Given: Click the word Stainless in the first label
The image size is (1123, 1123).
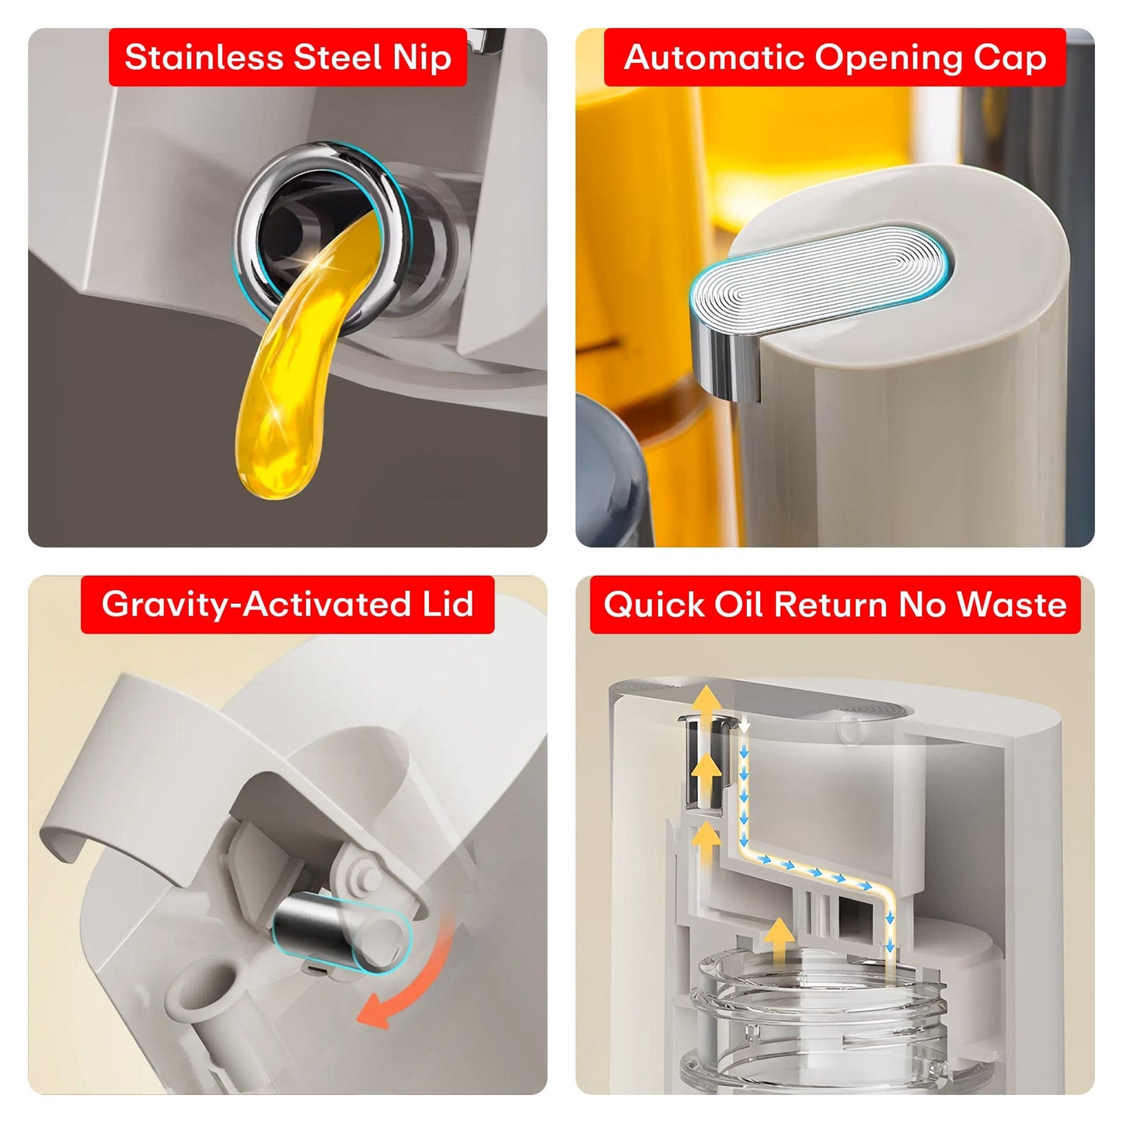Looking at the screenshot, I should tap(204, 58).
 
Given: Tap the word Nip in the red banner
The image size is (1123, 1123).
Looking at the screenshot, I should tap(422, 58).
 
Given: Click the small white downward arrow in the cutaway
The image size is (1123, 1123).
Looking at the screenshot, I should tap(745, 726).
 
